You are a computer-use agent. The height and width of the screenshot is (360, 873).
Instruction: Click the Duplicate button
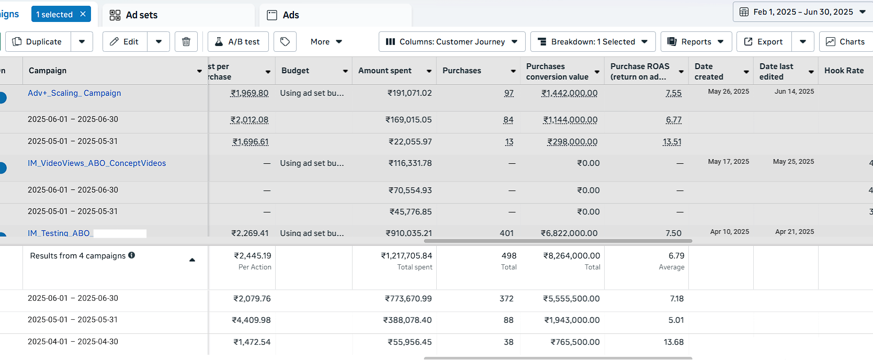(38, 42)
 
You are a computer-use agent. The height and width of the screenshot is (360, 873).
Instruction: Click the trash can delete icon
(186, 42)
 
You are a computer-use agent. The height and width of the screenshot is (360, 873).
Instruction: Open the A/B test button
(238, 42)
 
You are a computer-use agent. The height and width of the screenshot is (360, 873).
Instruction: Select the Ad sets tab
(134, 15)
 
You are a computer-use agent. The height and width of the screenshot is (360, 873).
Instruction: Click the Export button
(764, 42)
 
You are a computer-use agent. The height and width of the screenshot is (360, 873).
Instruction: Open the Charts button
(846, 42)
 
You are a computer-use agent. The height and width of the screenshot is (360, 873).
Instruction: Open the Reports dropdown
(696, 42)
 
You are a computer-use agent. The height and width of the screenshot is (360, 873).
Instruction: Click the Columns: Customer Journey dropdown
(452, 42)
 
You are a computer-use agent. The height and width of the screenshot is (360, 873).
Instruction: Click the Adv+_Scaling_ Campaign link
(74, 93)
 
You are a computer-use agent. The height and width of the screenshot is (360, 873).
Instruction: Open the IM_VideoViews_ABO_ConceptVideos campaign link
(97, 163)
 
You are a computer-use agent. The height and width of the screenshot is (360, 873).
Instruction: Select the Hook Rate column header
(844, 71)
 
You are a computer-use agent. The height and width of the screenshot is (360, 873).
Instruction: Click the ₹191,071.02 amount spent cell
(410, 93)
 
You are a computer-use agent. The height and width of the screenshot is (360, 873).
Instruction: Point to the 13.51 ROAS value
(672, 142)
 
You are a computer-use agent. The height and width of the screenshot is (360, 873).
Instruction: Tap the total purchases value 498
(509, 256)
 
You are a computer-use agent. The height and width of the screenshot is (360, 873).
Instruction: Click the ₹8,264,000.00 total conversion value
(572, 256)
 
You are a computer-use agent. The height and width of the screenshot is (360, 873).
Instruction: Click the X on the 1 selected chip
(83, 14)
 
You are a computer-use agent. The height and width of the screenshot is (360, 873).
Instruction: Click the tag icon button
(285, 42)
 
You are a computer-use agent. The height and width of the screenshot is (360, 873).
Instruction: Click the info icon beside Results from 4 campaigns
(132, 255)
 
